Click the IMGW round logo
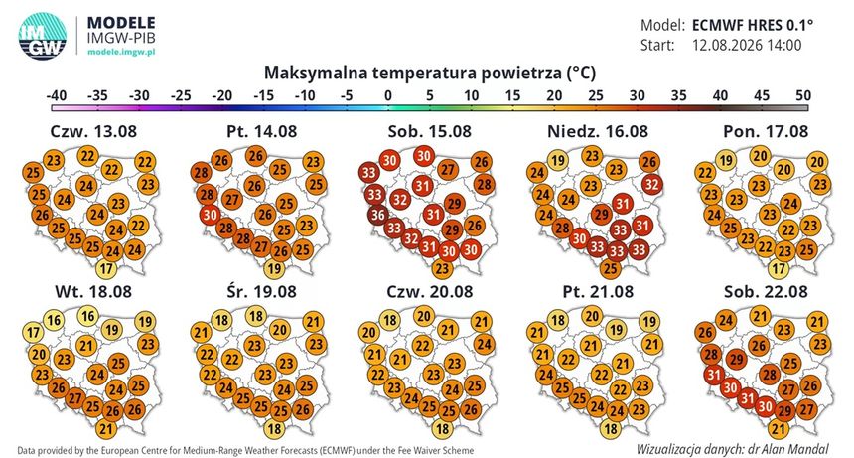pos(43,36)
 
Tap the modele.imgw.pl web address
pos(121,52)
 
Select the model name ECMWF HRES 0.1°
pos(753,25)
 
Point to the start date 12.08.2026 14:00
pos(747,45)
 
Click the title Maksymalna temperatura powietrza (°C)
pos(430,73)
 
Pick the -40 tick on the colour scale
pos(56,95)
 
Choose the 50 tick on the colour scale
pos(803,95)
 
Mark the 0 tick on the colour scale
pos(388,95)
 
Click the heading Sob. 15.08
pos(430,131)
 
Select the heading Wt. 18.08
pos(93,291)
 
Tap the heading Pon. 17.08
pos(766,131)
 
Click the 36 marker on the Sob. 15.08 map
pos(378,215)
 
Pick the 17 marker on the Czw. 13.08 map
pos(106,268)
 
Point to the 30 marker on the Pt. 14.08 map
pos(210,215)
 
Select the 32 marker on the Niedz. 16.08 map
pos(651,184)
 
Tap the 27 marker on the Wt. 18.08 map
pos(74,398)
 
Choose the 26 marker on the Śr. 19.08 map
pos(302,408)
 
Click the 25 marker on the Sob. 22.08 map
pos(790,363)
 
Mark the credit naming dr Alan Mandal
pos(733,449)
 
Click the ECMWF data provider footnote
pos(245,450)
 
